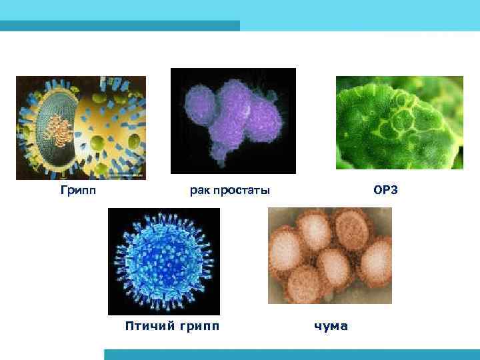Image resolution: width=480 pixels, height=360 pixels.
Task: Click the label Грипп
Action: coord(78,191)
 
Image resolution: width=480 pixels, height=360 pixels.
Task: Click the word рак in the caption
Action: coord(199,192)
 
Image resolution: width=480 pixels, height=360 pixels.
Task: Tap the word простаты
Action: coord(241,192)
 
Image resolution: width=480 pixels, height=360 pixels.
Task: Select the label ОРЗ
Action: coord(385,191)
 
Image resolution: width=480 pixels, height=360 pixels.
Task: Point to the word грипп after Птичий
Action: coord(197,326)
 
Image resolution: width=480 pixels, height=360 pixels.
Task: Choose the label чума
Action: coord(331,326)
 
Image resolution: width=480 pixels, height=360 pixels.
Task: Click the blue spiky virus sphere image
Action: coord(163,261)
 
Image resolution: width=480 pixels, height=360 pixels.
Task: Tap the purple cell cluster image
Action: coord(233,121)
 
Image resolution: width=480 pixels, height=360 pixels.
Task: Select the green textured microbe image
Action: coord(399,123)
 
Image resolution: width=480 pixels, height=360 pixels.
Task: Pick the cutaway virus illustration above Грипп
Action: coord(81,127)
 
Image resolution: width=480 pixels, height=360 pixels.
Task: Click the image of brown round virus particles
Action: coord(329,256)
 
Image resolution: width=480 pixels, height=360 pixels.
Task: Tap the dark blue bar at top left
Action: coord(120,25)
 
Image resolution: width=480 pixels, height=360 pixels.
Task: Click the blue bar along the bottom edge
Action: coord(292,354)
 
